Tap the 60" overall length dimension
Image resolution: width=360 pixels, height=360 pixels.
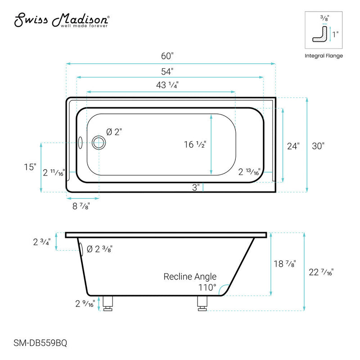pos(167,57)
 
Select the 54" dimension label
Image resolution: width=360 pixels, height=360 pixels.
pos(167,71)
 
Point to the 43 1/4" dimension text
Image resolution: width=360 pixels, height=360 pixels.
pos(167,85)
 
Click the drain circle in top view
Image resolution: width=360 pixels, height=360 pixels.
pos(99,143)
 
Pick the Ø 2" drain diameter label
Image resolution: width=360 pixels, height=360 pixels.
pos(114,132)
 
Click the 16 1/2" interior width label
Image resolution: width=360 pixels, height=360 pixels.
pos(194,144)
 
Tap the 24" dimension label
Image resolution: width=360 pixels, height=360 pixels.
pos(293,146)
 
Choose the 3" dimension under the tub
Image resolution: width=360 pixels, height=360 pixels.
pos(196,187)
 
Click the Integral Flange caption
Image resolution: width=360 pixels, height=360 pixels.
pos(324,56)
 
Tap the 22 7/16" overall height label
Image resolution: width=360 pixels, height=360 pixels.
pos(322,271)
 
